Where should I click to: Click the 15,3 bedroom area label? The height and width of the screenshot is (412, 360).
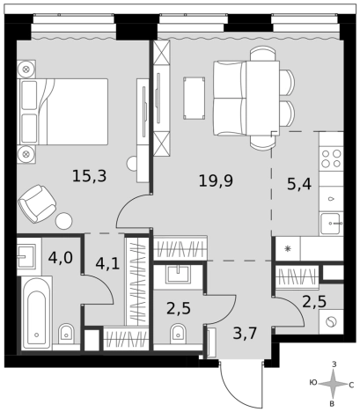89,176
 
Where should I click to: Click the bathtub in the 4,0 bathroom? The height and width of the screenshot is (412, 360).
38,313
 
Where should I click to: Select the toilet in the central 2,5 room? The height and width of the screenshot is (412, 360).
177,332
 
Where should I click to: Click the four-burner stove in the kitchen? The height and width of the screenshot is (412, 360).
332,159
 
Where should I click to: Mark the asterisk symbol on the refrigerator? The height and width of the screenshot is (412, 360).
287,249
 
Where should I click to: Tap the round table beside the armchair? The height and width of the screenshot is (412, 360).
63,222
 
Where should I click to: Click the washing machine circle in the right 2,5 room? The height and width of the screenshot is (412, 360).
330,323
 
